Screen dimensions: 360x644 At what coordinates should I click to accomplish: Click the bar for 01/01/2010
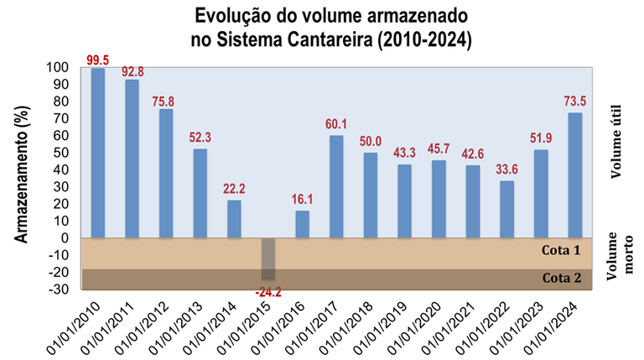[98, 153]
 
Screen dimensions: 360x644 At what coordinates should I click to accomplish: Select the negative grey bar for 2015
[268, 258]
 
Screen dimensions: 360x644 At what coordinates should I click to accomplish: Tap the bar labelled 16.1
[302, 224]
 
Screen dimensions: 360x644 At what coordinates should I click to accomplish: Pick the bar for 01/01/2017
[336, 186]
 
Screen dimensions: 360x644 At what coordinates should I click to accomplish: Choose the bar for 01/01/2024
[574, 175]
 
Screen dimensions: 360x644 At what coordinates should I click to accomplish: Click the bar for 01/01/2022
[506, 209]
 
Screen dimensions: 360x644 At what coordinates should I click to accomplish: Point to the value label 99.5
[98, 60]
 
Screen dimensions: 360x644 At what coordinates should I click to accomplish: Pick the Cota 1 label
[560, 251]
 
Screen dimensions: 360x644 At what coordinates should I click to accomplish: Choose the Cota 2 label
[560, 279]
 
